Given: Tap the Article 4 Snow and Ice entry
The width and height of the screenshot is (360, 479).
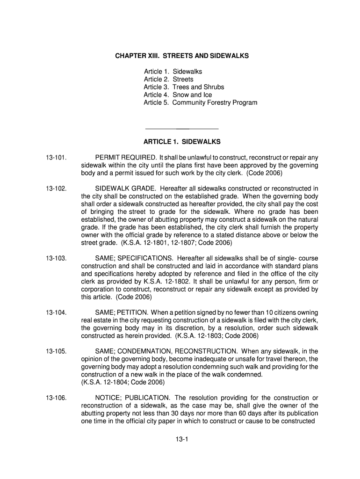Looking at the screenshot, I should [178, 94].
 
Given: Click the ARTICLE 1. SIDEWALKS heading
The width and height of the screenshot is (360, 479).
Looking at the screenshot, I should [182, 141].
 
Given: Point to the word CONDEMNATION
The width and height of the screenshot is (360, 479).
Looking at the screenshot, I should [146, 351].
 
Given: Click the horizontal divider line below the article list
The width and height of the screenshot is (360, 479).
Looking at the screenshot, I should [182, 128].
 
